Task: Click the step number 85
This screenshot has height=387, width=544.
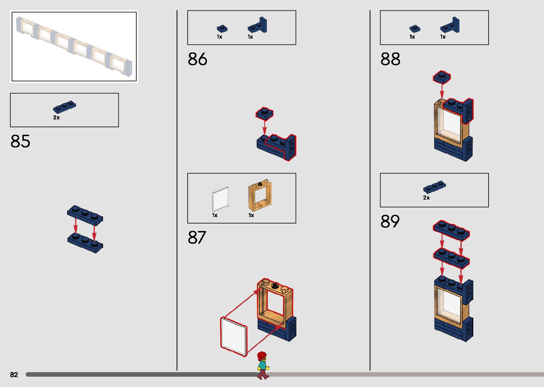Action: click(20, 141)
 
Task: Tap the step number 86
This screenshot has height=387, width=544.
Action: click(197, 59)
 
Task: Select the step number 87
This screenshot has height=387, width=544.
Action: click(197, 237)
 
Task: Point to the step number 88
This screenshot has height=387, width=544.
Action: click(390, 59)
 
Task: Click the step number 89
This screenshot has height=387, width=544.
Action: click(390, 221)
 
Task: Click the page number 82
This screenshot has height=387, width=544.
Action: click(14, 375)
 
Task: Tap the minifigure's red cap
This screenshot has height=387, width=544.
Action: click(262, 355)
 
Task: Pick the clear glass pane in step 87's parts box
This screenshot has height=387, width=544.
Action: click(220, 200)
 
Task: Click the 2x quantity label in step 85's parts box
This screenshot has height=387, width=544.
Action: click(56, 118)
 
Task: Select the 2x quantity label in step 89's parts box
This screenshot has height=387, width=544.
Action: click(426, 198)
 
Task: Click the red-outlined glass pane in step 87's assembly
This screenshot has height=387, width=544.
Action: click(233, 336)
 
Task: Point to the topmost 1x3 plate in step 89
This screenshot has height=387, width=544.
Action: click(451, 230)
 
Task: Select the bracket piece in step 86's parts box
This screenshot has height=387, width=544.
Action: click(258, 26)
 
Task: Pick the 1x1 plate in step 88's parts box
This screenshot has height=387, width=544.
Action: click(415, 28)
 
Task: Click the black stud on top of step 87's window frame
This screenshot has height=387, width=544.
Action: click(275, 285)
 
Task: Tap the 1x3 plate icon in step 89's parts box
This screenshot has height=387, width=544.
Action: click(434, 187)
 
